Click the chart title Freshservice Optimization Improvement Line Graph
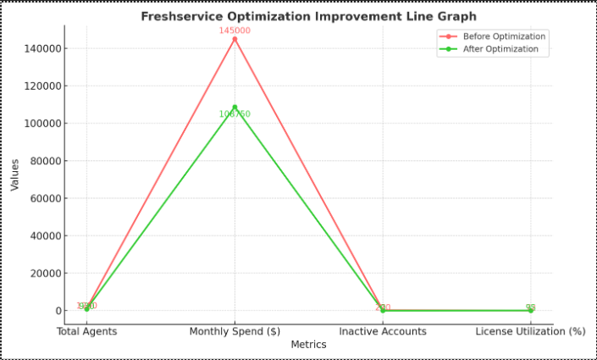pos(308,16)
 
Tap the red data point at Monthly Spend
pos(235,39)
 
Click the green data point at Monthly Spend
pos(235,107)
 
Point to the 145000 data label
pos(235,30)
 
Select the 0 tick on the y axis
pos(58,311)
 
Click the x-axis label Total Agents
pos(86,331)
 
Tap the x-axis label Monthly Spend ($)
pos(235,331)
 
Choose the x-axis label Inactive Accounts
pos(383,331)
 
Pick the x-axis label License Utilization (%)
pos(530,331)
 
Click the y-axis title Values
pos(15,174)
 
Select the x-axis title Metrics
pos(308,345)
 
